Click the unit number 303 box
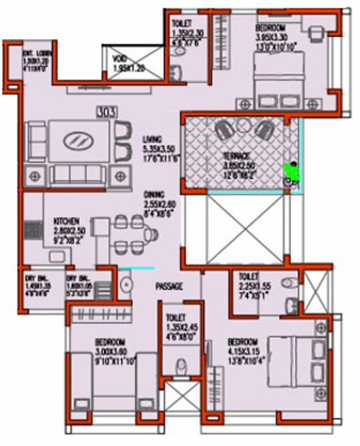pyautogui.click(x=107, y=110)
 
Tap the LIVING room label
pyautogui.click(x=152, y=139)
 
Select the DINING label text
pyautogui.click(x=155, y=194)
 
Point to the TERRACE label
pyautogui.click(x=237, y=156)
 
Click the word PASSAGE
pyautogui.click(x=170, y=286)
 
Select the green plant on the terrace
pyautogui.click(x=290, y=170)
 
